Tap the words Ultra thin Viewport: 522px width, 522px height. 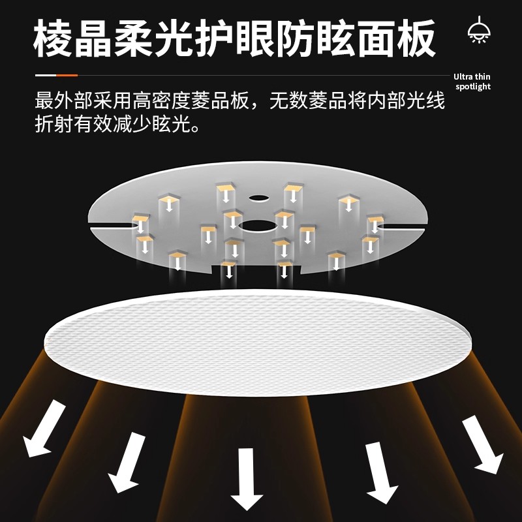[x=472, y=77]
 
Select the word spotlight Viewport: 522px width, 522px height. [x=472, y=87]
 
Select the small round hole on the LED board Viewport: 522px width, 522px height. [x=257, y=196]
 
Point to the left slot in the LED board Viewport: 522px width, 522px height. [x=115, y=226]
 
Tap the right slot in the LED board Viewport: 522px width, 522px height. [x=405, y=226]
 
